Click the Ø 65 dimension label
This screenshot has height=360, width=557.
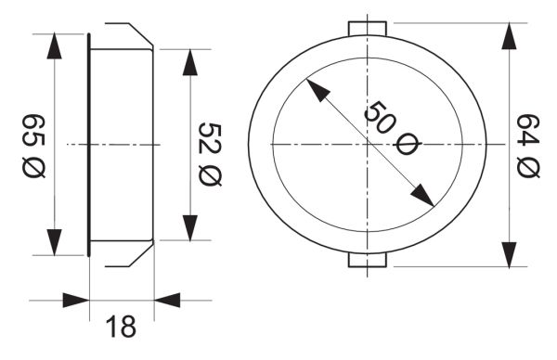pos(34,146)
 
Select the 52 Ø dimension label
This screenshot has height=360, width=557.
pos(210,154)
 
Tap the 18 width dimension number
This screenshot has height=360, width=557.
pos(121,327)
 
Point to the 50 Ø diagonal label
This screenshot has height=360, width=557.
pos(392,129)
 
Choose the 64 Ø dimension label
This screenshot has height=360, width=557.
pos(528,146)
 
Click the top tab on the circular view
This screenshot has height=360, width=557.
pos(368,29)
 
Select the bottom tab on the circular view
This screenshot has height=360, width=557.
pos(368,260)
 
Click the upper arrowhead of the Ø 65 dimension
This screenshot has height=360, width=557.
pos(55,45)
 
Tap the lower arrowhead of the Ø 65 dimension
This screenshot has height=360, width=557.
pos(55,242)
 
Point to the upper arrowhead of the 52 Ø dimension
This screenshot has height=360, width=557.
pos(190,62)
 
